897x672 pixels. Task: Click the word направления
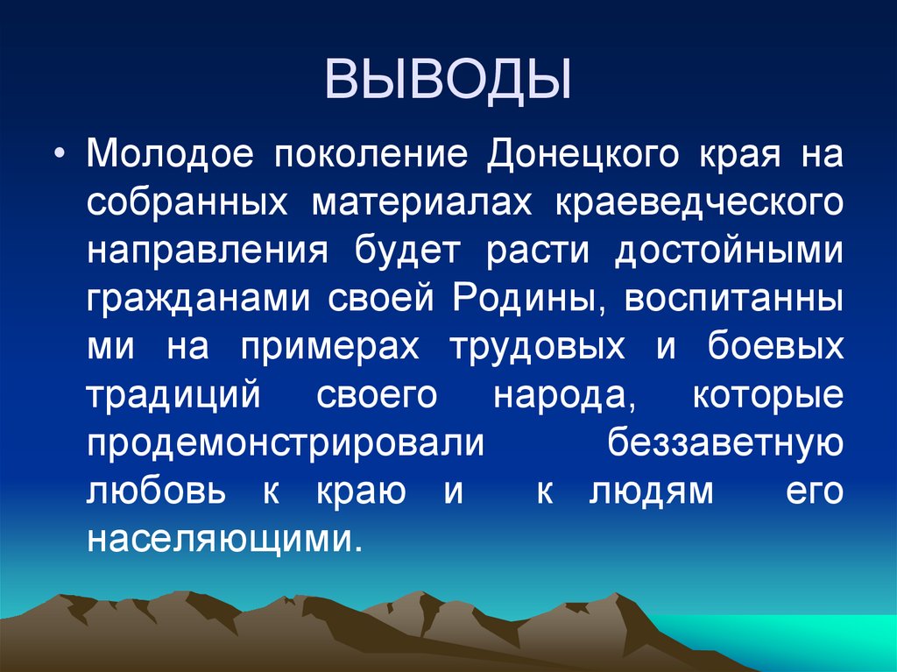pyautogui.click(x=208, y=251)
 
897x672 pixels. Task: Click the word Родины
pyautogui.click(x=530, y=300)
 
